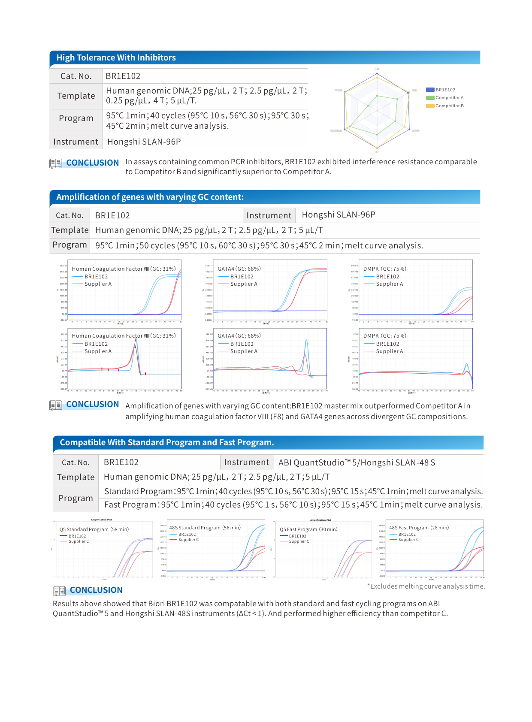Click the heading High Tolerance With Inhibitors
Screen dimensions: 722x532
tap(116, 57)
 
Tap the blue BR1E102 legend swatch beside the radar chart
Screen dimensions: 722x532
tap(430, 90)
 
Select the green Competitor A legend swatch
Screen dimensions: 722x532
tap(430, 98)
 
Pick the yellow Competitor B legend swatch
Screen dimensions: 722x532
tap(430, 106)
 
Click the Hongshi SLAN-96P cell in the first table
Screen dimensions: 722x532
tap(144, 142)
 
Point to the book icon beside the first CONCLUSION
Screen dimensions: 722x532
tap(56, 163)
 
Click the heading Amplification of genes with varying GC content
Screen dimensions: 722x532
tap(150, 197)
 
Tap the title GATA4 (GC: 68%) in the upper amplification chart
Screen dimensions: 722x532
tap(239, 269)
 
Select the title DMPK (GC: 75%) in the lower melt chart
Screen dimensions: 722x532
tap(384, 336)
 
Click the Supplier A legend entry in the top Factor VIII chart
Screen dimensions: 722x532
tap(98, 284)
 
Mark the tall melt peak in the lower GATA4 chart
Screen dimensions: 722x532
tap(306, 341)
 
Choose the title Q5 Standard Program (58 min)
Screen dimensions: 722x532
tap(94, 529)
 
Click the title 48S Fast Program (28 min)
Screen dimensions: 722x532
tap(419, 528)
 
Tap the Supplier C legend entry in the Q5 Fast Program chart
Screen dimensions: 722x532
tap(299, 541)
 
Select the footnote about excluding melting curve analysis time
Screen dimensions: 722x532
tap(426, 586)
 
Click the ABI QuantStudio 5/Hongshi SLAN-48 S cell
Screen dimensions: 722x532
tap(357, 462)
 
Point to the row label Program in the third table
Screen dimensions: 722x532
tap(76, 498)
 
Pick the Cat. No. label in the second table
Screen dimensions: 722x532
tap(70, 215)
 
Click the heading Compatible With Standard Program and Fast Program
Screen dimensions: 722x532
tap(166, 442)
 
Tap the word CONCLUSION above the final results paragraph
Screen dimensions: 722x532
tap(96, 590)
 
